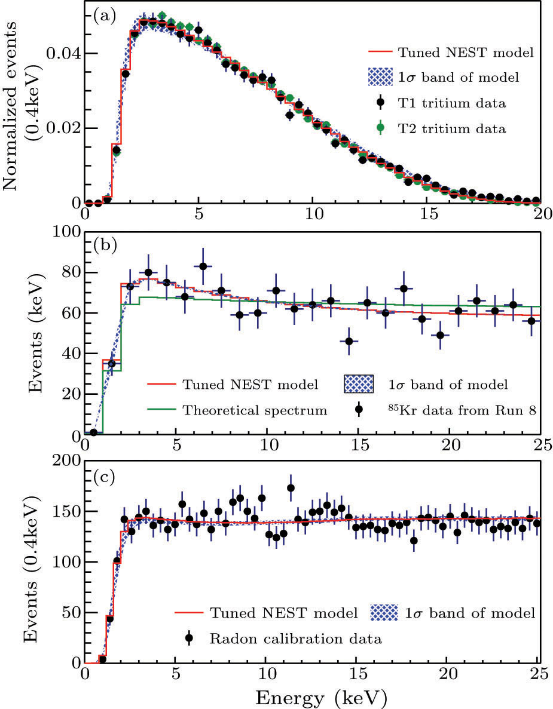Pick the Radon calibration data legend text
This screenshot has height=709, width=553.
click(295, 639)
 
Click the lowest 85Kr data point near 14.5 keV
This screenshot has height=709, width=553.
click(349, 341)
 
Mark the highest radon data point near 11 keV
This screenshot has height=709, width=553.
click(291, 488)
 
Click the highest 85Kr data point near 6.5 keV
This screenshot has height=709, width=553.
click(203, 266)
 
